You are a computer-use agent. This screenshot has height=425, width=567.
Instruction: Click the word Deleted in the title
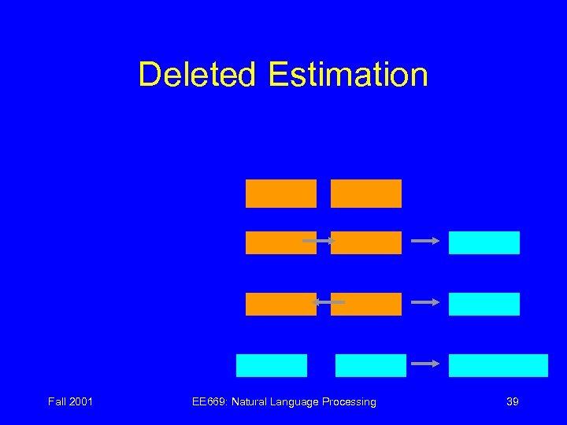point(198,75)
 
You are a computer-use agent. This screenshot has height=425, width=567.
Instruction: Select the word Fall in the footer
point(57,401)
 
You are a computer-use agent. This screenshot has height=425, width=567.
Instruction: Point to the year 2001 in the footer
point(81,401)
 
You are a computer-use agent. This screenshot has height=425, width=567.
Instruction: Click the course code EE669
point(208,401)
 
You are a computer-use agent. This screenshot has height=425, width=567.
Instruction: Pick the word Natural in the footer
point(249,401)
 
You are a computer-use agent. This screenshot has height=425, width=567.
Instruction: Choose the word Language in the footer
point(297,401)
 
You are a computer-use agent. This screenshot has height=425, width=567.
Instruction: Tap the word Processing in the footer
point(350,401)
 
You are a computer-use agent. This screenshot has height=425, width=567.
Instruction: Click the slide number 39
point(512,401)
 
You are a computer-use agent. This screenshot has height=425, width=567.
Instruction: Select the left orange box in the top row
point(280,194)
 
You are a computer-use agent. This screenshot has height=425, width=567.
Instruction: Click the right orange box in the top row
point(365,194)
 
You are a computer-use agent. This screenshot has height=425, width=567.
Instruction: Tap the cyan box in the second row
point(484,242)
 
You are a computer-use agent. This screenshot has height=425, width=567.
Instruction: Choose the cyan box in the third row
point(484,304)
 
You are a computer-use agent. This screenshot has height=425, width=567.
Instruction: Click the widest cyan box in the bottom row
point(498,365)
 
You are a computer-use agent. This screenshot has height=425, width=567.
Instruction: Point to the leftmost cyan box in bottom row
point(271,365)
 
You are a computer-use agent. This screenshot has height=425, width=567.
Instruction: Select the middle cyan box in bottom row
point(370,365)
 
